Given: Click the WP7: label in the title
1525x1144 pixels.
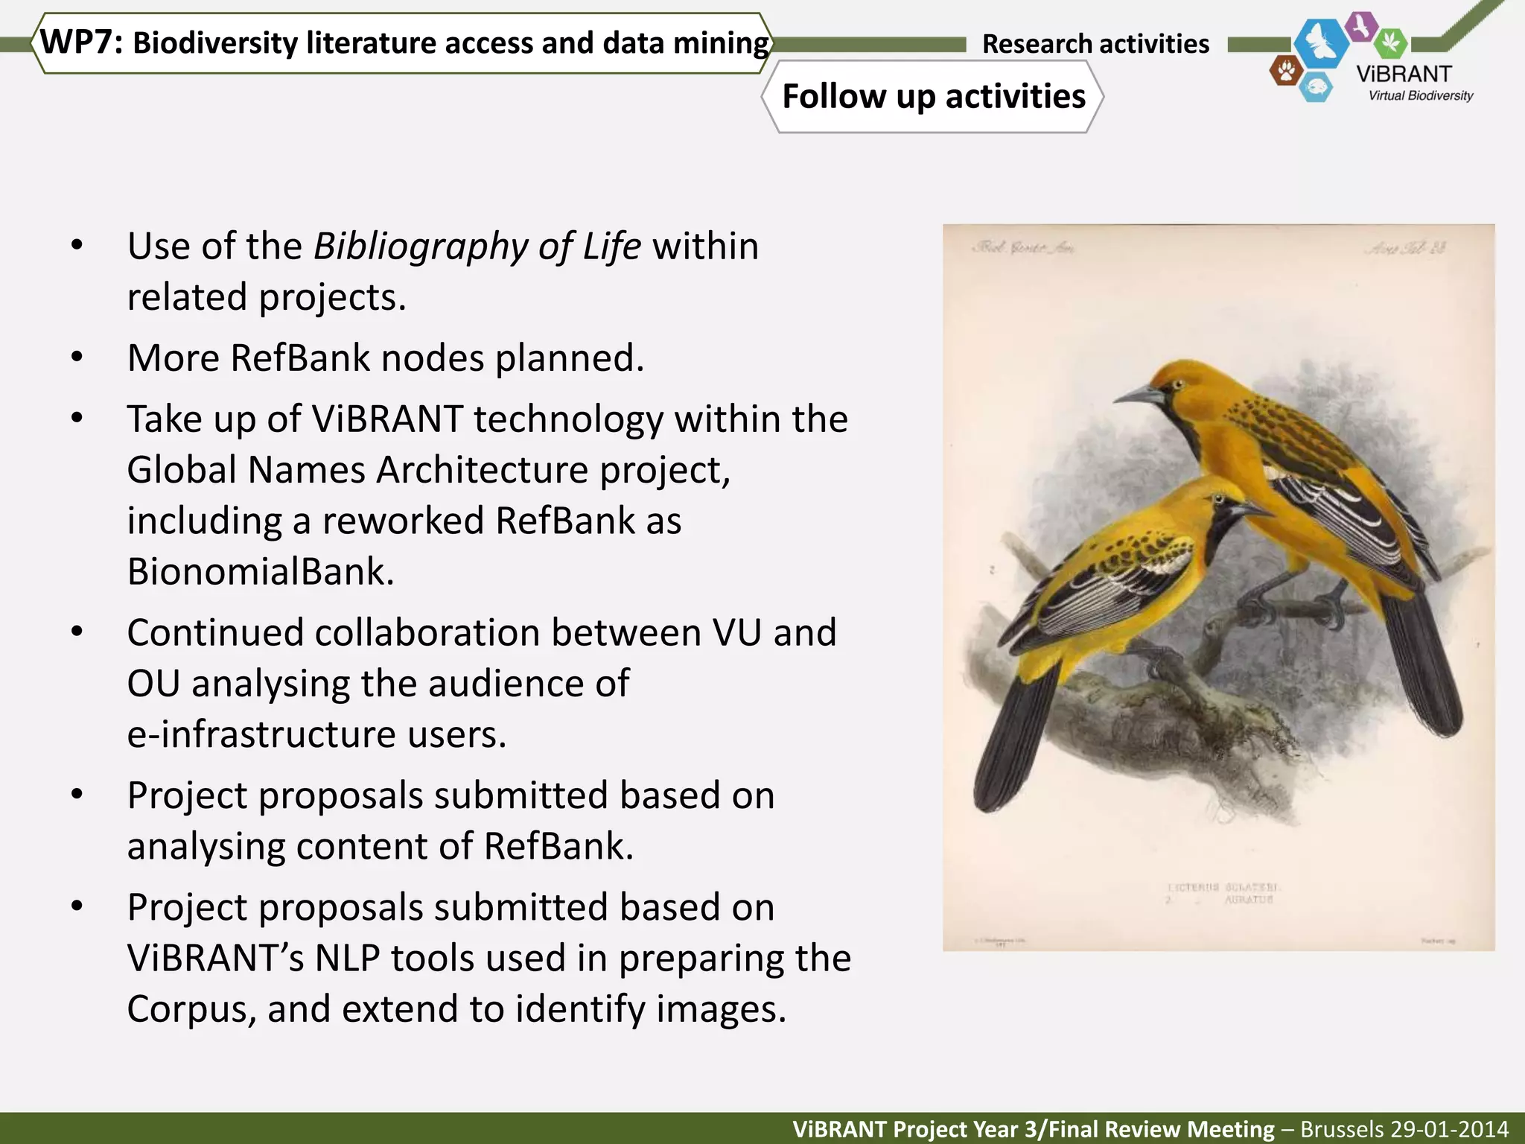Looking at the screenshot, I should pos(80,42).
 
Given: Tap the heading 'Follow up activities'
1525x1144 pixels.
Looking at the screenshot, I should pos(933,97).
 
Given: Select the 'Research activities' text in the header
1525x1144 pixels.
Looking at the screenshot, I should pos(1095,44).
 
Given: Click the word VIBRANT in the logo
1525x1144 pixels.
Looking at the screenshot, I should pos(1404,74).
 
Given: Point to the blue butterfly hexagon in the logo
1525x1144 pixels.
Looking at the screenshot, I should pos(1321,43).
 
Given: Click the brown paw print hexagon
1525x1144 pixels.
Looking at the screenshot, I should pos(1285,71).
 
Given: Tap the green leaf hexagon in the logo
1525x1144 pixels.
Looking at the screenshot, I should pos(1390,42).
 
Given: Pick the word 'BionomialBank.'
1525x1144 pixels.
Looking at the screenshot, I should pos(261,572).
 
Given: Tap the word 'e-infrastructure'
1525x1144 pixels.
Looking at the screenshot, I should pos(261,734).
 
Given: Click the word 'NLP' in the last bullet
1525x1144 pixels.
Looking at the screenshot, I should pos(347,959).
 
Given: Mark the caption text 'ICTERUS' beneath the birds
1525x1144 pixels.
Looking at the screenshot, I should pos(1192,887).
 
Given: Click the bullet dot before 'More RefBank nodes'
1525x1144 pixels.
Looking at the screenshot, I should pos(77,358).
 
